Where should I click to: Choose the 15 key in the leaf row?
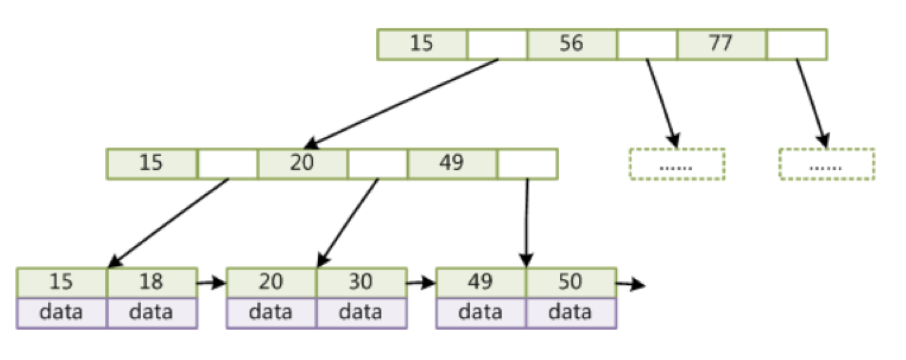coord(61,283)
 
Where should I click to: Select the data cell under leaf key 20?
coord(271,313)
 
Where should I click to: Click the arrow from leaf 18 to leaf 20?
coord(211,283)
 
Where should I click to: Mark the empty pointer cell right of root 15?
coord(497,44)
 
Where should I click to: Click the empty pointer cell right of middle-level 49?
coord(527,164)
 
